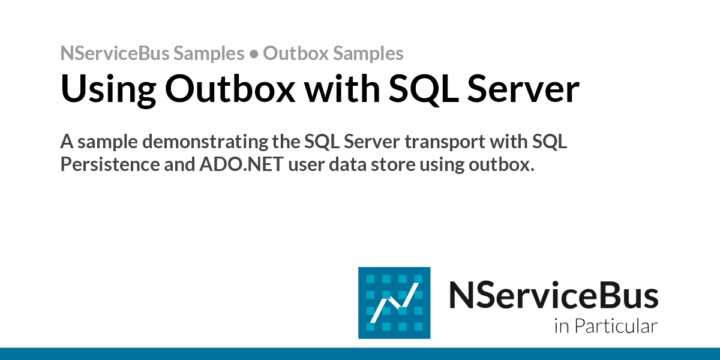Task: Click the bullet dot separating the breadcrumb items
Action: click(254, 54)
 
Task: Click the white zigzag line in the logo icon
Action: click(394, 304)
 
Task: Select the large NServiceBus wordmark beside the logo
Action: click(553, 295)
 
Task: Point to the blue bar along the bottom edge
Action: click(360, 353)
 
